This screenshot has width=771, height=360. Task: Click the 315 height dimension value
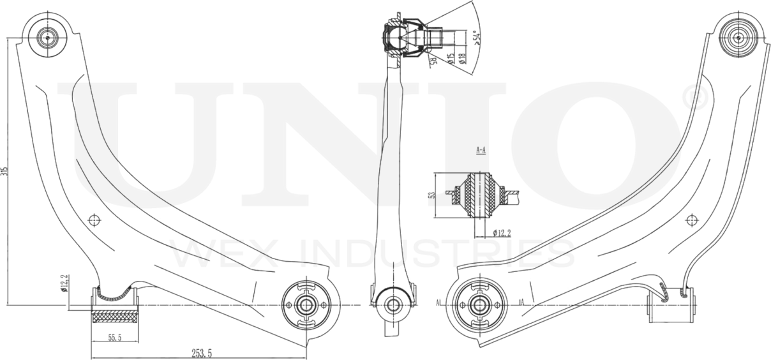click(x=5, y=171)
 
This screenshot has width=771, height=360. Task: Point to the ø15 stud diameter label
click(x=451, y=60)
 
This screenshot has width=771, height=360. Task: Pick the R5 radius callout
click(x=432, y=61)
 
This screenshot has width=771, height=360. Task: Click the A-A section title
click(x=481, y=151)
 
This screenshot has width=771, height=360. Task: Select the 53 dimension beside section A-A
click(x=432, y=195)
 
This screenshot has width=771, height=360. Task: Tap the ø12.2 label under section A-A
click(x=502, y=233)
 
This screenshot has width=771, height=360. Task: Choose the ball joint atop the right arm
click(x=738, y=38)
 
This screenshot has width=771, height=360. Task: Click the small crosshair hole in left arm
click(x=94, y=220)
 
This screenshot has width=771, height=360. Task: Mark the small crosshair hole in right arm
click(x=691, y=220)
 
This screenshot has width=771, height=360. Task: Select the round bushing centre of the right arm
click(x=476, y=304)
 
